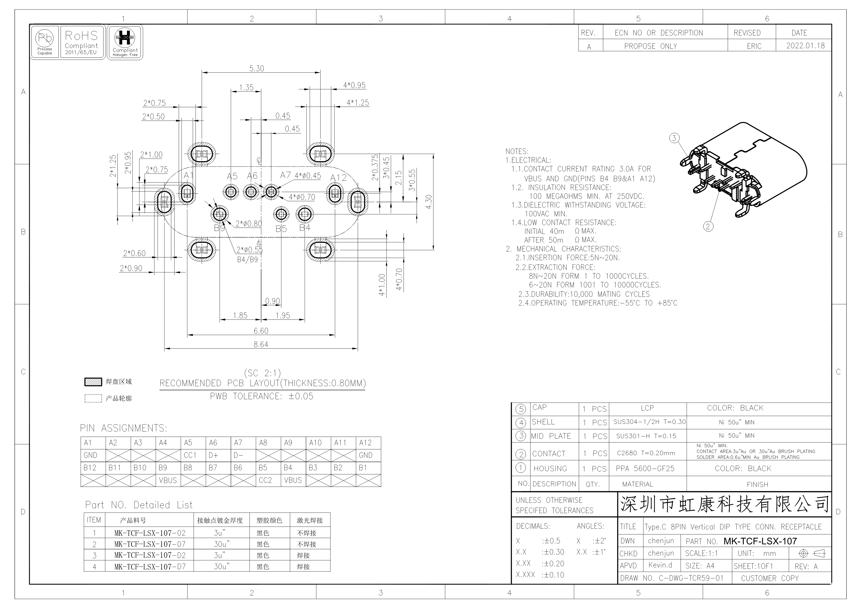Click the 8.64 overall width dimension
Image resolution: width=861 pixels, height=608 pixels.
point(261,344)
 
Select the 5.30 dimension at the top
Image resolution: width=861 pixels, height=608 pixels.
point(257,69)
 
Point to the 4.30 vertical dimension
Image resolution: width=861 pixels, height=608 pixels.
point(429,202)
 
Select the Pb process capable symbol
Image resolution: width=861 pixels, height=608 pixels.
point(45,38)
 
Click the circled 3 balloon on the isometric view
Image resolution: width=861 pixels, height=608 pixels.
point(674,138)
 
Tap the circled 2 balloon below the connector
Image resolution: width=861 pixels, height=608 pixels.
point(708,226)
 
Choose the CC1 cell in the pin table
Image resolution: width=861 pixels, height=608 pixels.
point(190,455)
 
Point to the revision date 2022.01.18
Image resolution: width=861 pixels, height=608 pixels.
point(806,46)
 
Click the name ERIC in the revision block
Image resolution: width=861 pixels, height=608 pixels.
point(754,46)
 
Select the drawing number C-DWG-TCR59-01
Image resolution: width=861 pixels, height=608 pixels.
point(691,578)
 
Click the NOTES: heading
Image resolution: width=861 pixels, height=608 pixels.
point(517,151)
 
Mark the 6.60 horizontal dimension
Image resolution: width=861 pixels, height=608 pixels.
point(261,331)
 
